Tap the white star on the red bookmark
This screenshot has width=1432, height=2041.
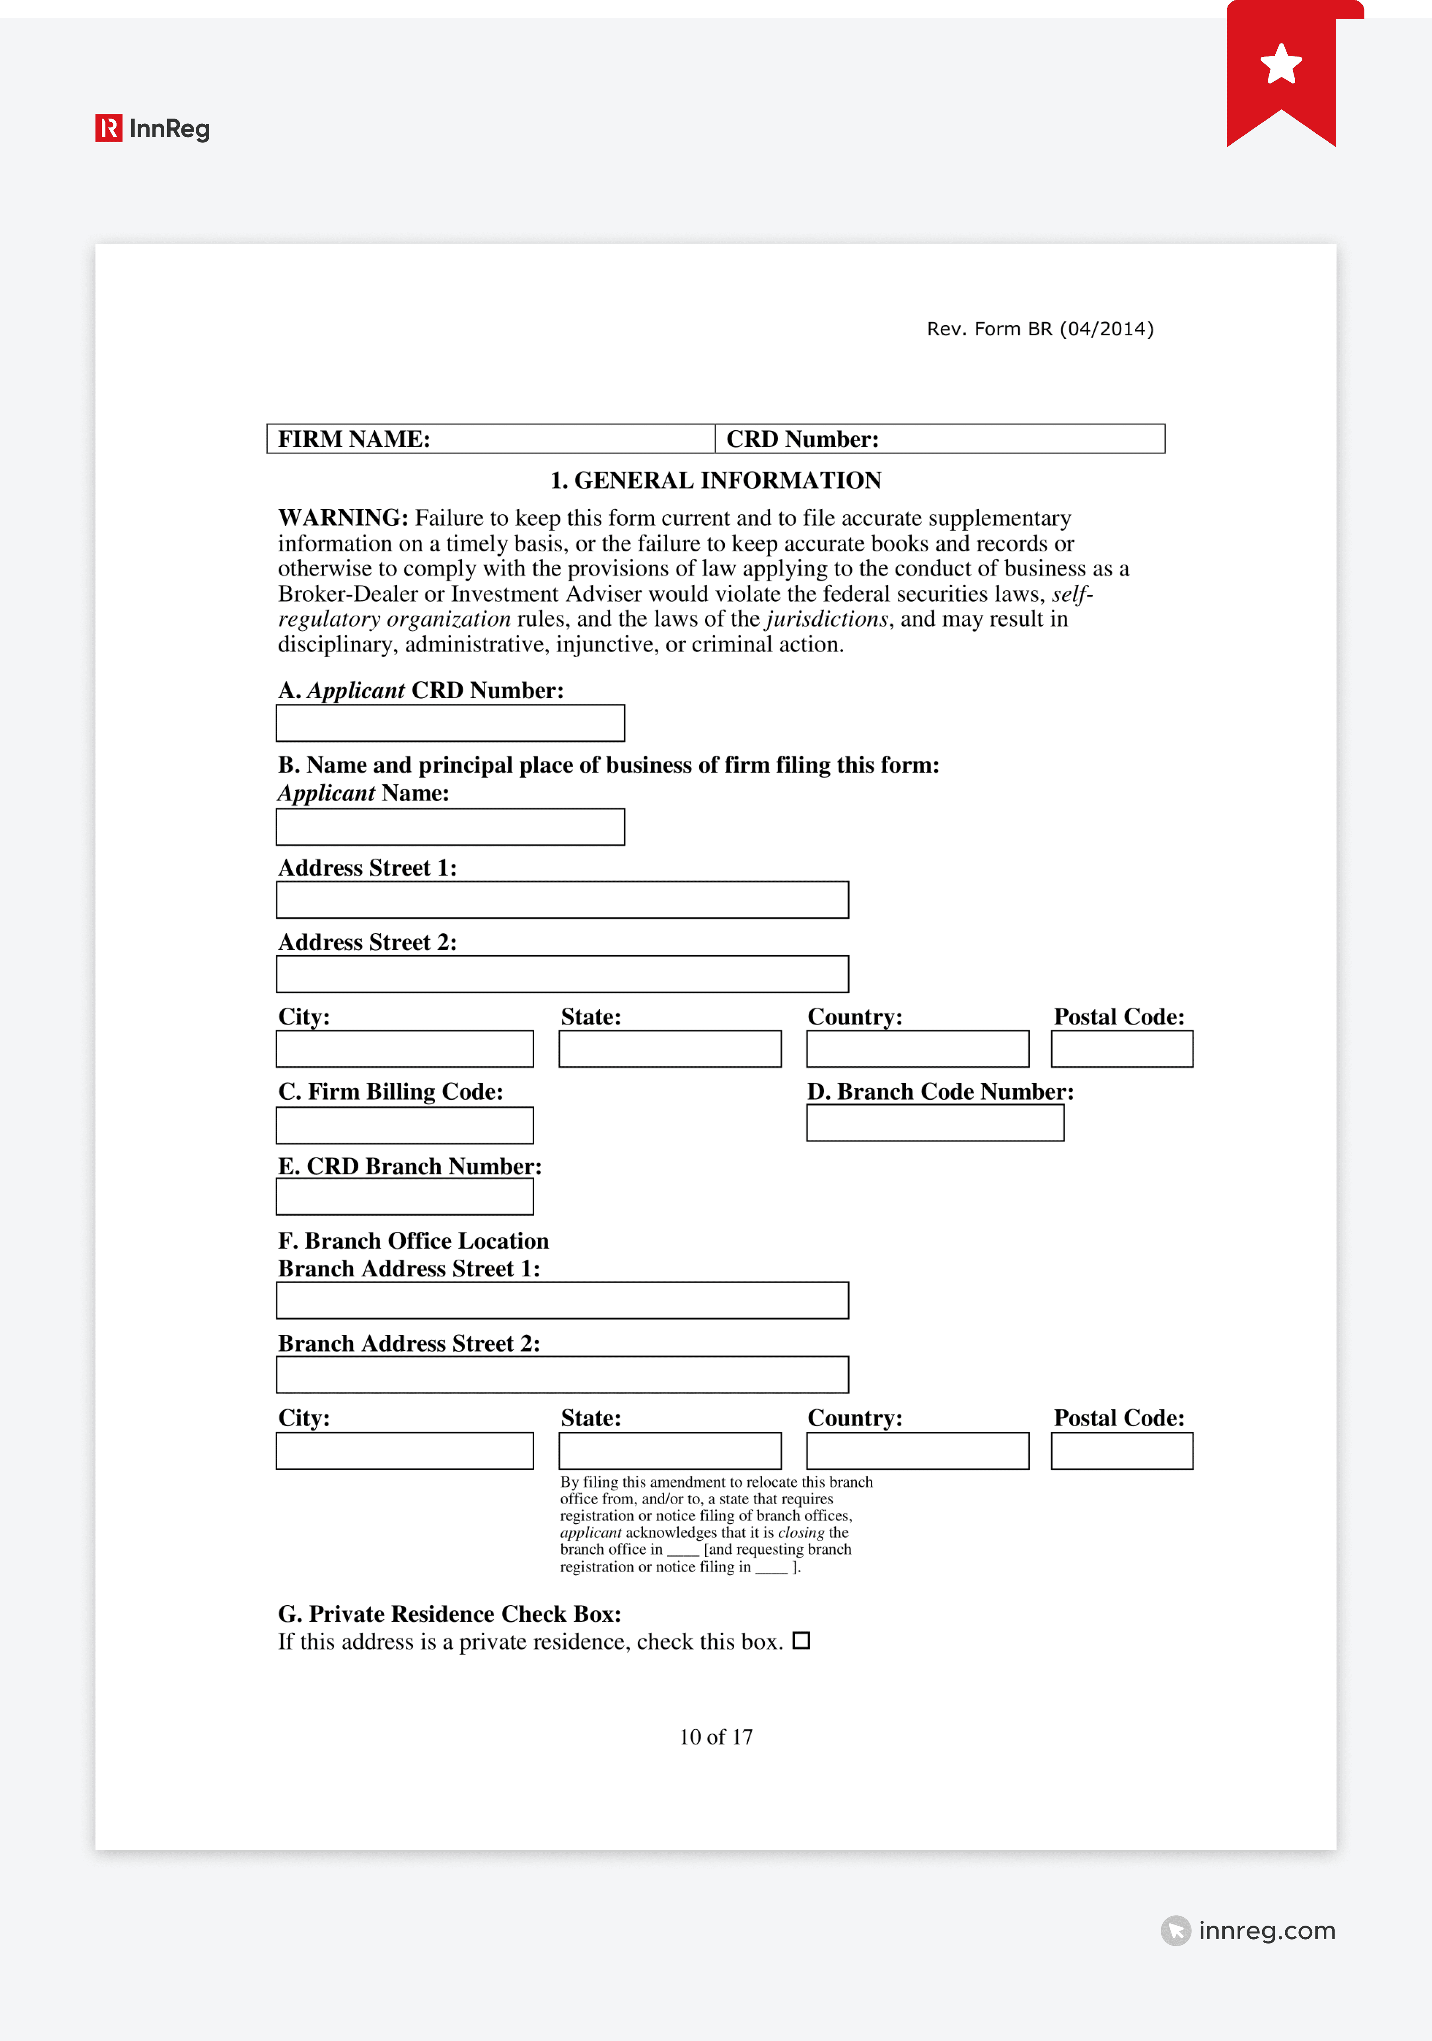click(1281, 64)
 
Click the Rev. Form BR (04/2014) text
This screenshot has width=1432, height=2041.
click(1040, 329)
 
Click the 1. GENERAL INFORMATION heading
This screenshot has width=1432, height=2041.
click(716, 480)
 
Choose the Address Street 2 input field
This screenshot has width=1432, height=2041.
click(562, 974)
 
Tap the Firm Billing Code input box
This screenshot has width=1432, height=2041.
click(405, 1126)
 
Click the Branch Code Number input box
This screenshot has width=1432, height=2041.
click(935, 1123)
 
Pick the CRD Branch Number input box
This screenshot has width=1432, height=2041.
click(405, 1196)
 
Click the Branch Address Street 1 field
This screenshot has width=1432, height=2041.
click(562, 1301)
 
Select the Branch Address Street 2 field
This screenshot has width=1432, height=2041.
click(562, 1375)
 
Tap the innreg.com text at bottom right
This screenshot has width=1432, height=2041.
click(1266, 1931)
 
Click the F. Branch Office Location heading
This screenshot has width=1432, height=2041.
click(413, 1241)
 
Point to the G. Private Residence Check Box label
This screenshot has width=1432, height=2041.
click(449, 1613)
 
